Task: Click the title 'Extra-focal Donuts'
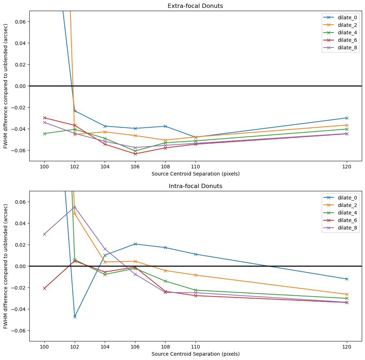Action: click(195, 6)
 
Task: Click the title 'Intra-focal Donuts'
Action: click(195, 186)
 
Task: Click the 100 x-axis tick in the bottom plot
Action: click(44, 346)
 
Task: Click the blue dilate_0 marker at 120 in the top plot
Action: click(346, 118)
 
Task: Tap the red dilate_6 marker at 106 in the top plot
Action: click(135, 154)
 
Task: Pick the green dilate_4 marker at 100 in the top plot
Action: click(44, 134)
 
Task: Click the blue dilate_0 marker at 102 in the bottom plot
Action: click(75, 317)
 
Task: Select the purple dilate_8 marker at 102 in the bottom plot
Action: click(75, 207)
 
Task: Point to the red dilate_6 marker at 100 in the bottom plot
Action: click(44, 288)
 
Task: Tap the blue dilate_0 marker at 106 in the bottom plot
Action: click(135, 244)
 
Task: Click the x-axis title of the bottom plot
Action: click(195, 354)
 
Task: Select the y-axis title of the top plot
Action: click(6, 86)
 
